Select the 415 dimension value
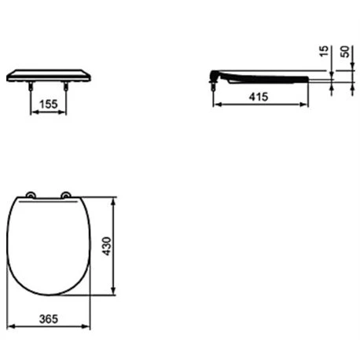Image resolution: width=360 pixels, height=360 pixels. (259, 96)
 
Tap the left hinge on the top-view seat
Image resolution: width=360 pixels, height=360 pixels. (31, 195)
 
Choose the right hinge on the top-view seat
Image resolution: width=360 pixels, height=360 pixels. (67, 195)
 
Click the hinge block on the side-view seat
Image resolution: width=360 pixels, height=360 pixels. (215, 75)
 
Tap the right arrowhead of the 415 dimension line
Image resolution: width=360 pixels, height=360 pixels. (307, 104)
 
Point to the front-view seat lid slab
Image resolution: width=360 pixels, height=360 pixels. (49, 75)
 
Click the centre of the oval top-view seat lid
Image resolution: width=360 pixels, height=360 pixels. (50, 246)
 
